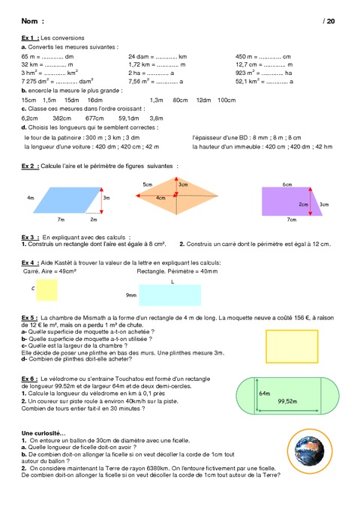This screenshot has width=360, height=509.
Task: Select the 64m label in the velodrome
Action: tap(264, 393)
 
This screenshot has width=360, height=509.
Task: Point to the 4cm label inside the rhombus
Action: tap(160, 197)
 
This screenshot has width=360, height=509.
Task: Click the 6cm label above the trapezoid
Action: tap(287, 184)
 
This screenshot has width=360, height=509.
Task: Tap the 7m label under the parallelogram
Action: tap(61, 220)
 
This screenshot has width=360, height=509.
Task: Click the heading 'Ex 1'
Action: tap(30, 37)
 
